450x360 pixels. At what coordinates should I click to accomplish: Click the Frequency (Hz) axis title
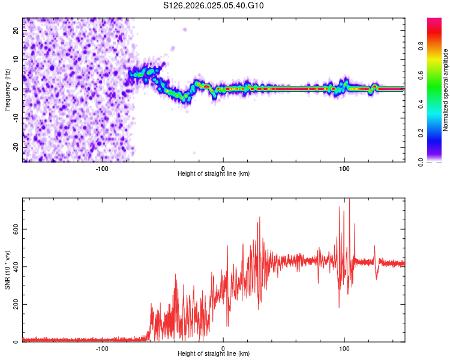(x=7, y=89)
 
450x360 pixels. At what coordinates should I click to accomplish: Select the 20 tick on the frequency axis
(x=16, y=31)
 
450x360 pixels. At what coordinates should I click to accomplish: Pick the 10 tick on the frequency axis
(x=16, y=60)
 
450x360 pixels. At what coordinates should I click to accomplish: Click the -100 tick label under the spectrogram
(x=102, y=168)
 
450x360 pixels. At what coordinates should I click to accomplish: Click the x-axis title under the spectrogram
(x=214, y=173)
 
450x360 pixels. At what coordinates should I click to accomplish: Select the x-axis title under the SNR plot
(x=214, y=354)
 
